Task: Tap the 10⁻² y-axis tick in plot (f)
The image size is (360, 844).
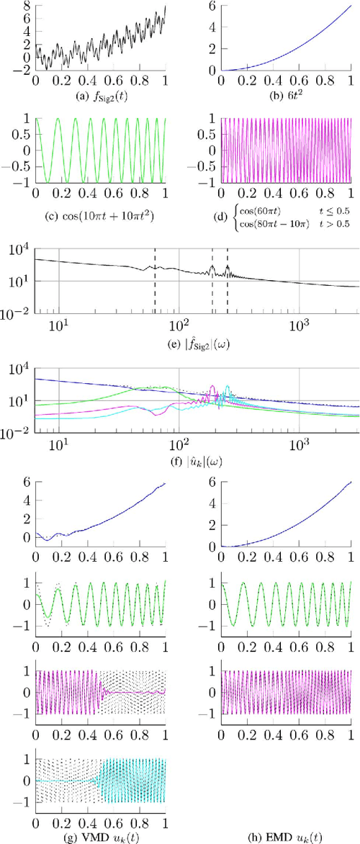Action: tap(17, 433)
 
